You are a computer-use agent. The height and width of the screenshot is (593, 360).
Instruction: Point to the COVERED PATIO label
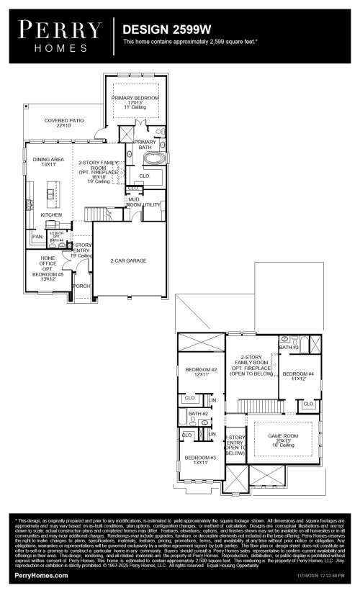tap(64, 123)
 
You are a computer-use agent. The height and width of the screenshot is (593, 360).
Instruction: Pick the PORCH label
tap(81, 286)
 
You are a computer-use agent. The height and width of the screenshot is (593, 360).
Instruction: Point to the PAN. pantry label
tap(37, 236)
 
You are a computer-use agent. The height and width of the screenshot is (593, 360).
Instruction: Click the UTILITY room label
tap(152, 205)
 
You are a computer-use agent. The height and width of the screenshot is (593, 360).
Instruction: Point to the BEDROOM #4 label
tap(298, 376)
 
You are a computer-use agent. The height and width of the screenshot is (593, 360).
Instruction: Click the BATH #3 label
tap(289, 347)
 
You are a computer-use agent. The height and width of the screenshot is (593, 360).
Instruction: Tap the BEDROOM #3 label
tap(200, 461)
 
